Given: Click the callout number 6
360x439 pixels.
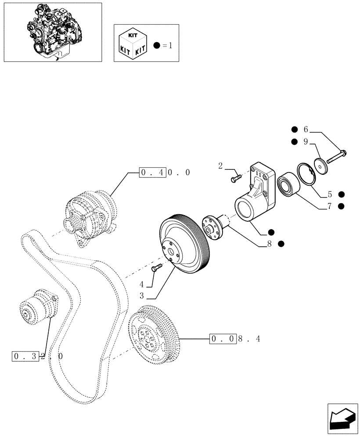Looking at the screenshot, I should [x=306, y=130].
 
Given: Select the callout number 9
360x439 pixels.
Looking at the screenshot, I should [x=306, y=142].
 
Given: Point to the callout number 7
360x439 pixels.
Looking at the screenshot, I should [x=329, y=206].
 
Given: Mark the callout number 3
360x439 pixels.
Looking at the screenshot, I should [x=142, y=296].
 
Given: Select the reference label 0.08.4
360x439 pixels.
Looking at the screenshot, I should [x=235, y=339].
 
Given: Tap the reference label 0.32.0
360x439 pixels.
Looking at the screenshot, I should [x=37, y=356].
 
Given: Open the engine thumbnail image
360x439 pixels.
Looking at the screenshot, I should [x=52, y=32].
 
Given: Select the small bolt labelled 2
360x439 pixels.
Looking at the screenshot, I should [x=236, y=178].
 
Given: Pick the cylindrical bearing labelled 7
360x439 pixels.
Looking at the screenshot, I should [x=287, y=183].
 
